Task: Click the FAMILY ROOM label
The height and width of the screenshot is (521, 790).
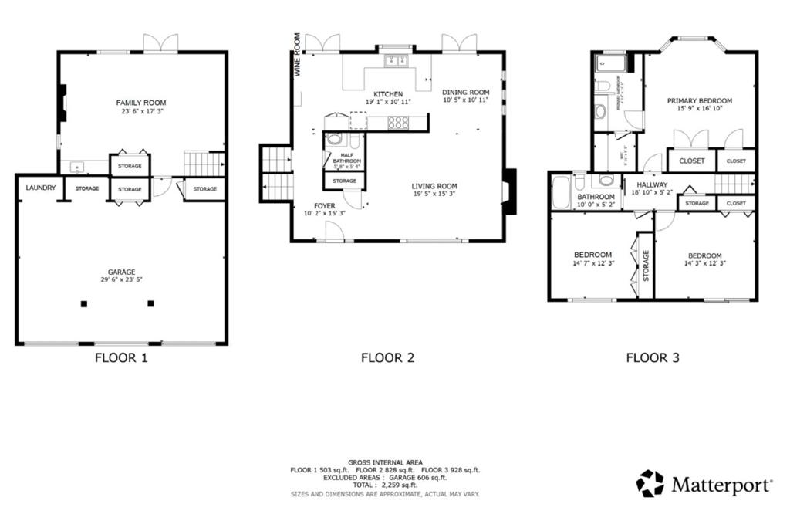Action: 141,103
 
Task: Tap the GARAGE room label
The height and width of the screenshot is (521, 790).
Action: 122,272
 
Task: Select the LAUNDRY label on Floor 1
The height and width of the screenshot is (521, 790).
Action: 39,188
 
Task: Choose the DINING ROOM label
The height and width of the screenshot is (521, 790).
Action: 465,93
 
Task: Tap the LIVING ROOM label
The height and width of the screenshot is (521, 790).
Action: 434,186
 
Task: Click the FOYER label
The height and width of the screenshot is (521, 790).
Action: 324,205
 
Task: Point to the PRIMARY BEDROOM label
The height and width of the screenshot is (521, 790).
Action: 700,100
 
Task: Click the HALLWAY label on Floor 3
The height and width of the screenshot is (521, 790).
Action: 652,185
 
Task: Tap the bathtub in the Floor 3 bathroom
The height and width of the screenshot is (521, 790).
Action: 560,191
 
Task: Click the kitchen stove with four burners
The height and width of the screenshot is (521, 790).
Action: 398,121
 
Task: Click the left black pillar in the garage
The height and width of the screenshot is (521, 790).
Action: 83,303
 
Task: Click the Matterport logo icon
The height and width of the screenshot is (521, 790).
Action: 650,484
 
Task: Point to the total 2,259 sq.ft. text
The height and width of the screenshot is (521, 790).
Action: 385,485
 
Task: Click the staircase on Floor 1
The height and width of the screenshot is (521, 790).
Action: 204,164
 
